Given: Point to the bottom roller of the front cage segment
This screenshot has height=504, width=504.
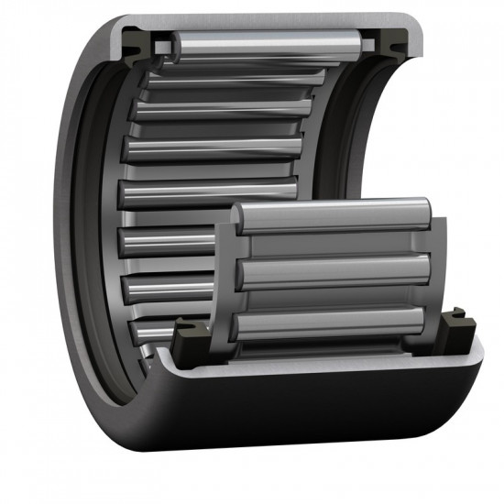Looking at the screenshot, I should point(330,323).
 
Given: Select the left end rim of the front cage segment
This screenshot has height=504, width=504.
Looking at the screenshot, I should point(224,275).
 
